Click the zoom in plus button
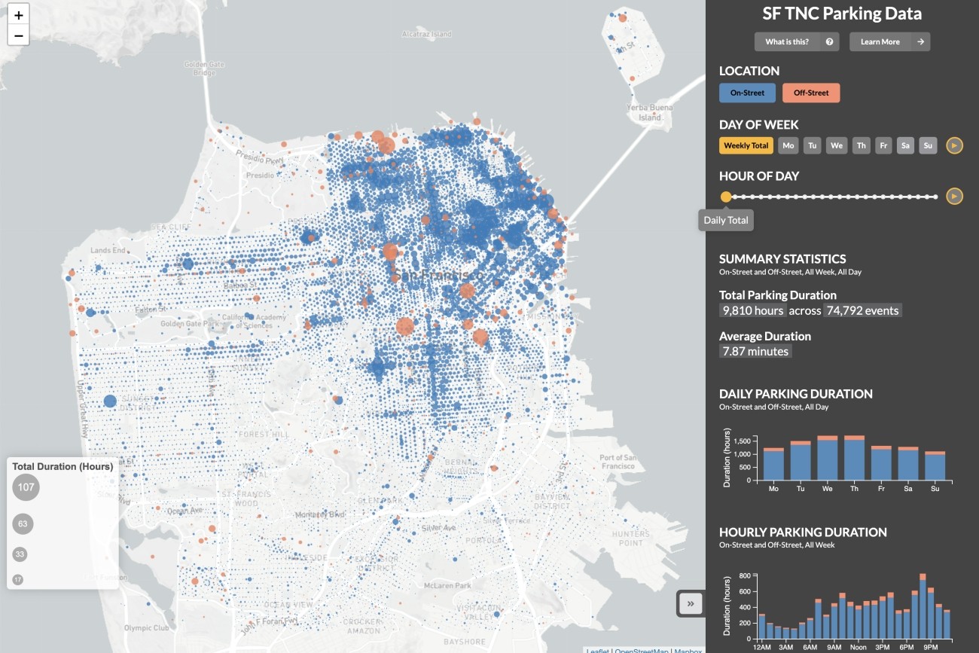[x=19, y=15]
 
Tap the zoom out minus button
[x=19, y=35]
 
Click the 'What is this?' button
[x=797, y=42]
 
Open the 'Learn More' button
[x=889, y=42]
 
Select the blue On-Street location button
[x=747, y=93]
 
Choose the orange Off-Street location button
[x=811, y=93]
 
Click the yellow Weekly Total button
[x=746, y=145]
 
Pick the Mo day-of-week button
[x=788, y=145]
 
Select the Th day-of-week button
[x=861, y=145]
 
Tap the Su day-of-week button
[x=928, y=145]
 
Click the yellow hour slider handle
[x=726, y=197]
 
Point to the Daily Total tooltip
[x=726, y=221]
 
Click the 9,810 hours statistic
[x=753, y=310]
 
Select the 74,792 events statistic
[x=862, y=310]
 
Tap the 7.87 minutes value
[x=755, y=352]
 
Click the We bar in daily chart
[x=827, y=459]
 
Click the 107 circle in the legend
[x=26, y=487]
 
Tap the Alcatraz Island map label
[x=426, y=34]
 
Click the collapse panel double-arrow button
[x=691, y=603]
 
